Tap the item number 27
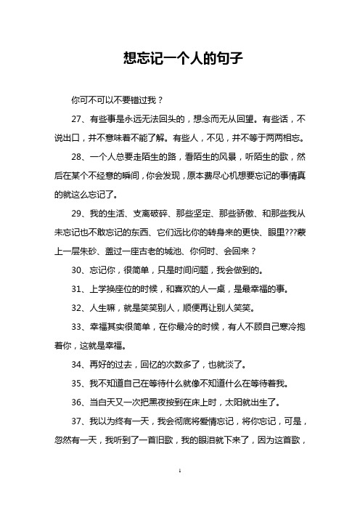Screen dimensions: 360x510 [x=74, y=118]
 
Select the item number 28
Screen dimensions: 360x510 [x=74, y=156]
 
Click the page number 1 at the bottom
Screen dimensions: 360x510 [x=179, y=493]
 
